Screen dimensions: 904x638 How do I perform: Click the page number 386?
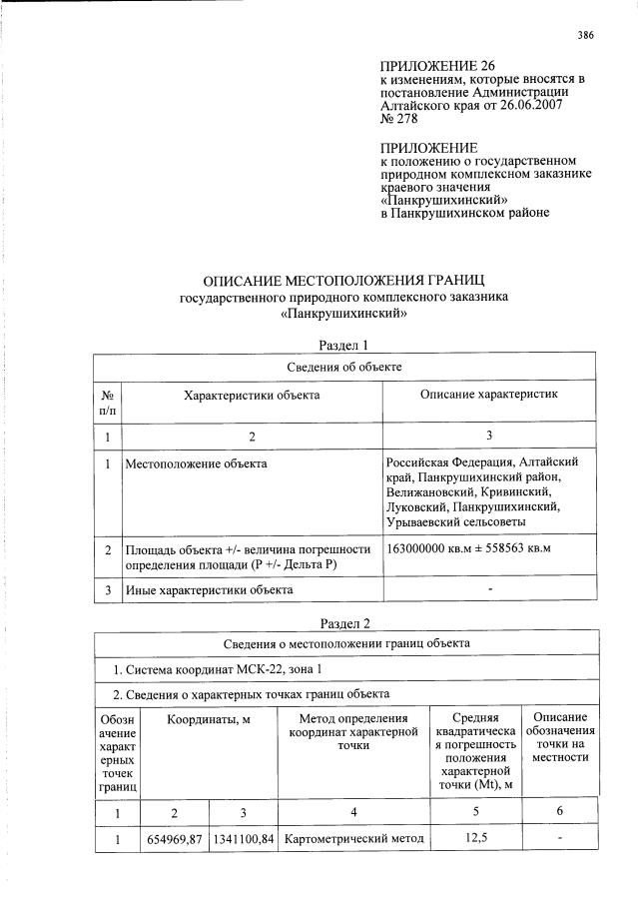(585, 35)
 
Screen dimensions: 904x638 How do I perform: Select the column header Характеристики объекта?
(252, 397)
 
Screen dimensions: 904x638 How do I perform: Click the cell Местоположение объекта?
(196, 463)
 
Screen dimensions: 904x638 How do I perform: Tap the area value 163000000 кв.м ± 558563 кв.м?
(468, 549)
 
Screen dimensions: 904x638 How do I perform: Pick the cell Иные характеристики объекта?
(209, 589)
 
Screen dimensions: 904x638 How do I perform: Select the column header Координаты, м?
(208, 719)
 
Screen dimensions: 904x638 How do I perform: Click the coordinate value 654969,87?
(175, 839)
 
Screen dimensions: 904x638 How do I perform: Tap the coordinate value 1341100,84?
(244, 839)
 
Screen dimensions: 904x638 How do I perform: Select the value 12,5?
(475, 839)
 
